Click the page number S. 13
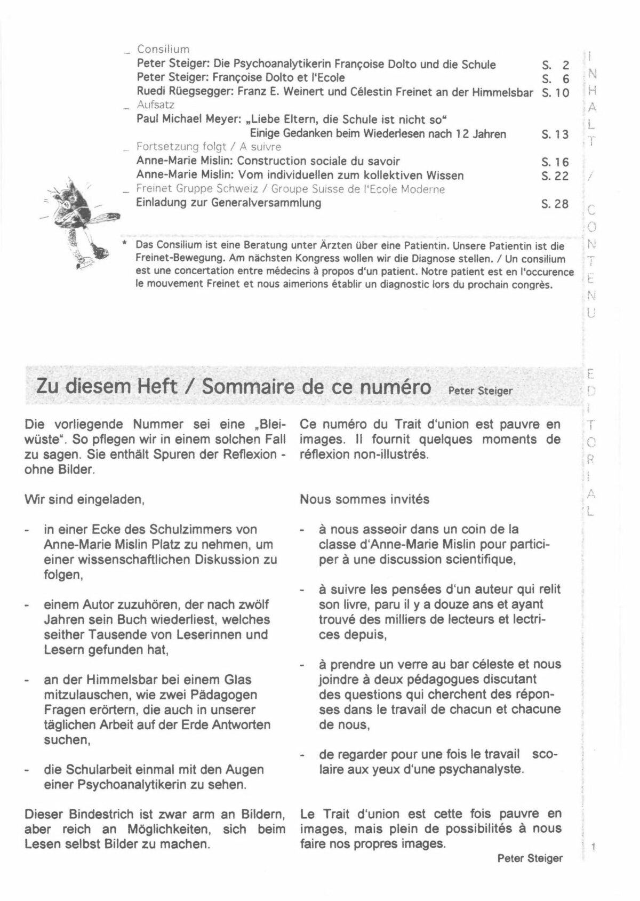click(x=555, y=134)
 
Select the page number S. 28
click(x=555, y=204)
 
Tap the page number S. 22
click(x=555, y=176)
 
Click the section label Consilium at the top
click(x=163, y=50)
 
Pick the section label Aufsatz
click(x=156, y=105)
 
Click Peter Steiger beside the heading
click(x=480, y=390)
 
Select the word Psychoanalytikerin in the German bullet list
click(x=128, y=785)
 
